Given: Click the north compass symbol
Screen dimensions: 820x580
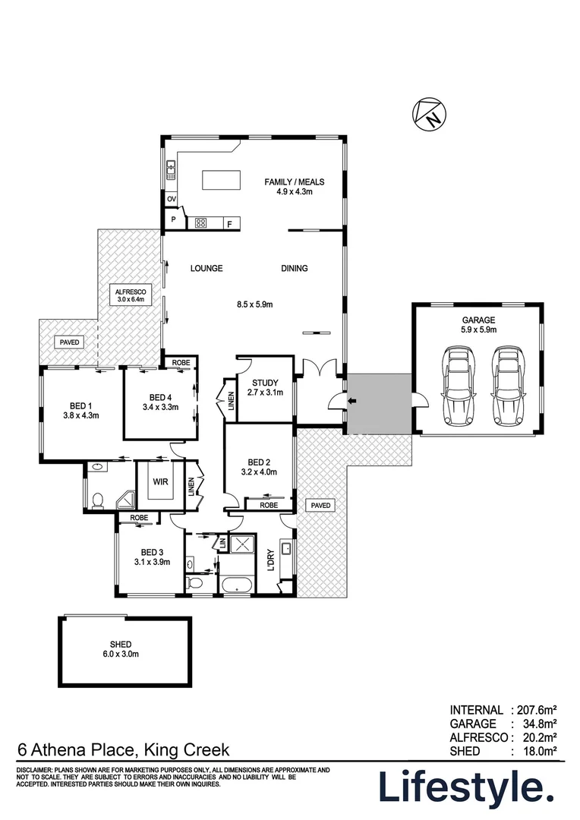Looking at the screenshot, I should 429,114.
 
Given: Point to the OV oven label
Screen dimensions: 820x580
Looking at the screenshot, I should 172,200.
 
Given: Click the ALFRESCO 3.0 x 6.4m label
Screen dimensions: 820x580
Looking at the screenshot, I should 130,295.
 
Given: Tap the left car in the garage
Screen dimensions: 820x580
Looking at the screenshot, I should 458,386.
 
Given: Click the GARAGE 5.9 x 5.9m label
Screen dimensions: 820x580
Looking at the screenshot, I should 478,325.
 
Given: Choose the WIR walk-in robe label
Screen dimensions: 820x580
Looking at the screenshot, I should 160,481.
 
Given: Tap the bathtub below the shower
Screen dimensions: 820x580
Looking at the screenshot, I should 235,585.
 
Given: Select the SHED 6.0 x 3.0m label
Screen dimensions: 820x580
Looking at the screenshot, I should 125,649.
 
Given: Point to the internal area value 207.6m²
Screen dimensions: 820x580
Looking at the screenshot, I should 537,711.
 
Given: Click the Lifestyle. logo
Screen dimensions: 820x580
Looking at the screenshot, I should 466,787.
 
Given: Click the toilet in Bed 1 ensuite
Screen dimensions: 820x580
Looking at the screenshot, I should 96,500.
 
